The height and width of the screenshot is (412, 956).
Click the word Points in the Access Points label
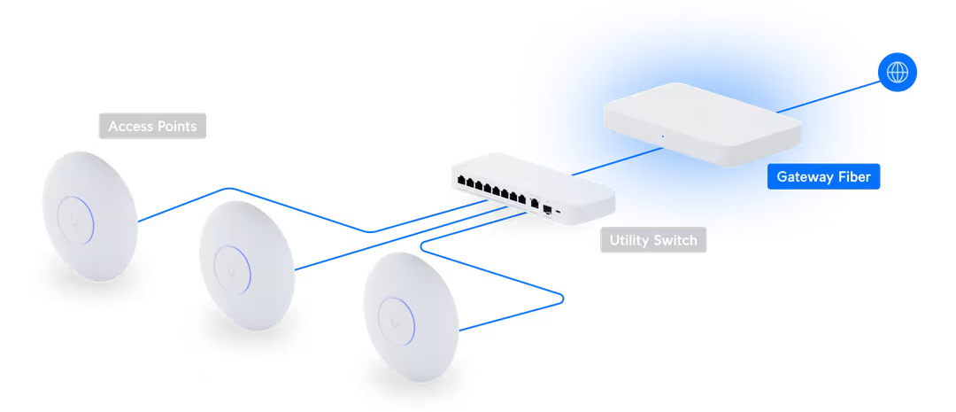179,127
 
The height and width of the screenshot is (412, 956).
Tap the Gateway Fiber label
823,177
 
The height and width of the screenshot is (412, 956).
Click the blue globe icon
897,72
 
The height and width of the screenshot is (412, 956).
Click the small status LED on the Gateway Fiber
660,136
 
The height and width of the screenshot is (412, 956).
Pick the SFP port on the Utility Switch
549,210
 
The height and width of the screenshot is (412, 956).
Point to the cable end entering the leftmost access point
142,220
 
